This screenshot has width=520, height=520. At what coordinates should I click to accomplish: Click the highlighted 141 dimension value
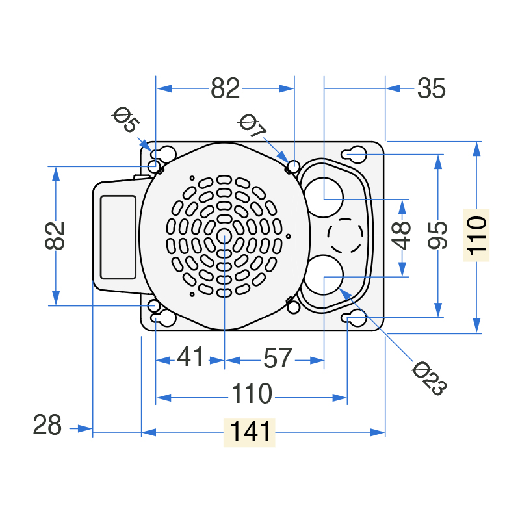pyautogui.click(x=250, y=432)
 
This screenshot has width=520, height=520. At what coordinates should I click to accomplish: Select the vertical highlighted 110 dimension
pyautogui.click(x=476, y=235)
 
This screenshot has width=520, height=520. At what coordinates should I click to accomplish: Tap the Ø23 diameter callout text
pyautogui.click(x=430, y=378)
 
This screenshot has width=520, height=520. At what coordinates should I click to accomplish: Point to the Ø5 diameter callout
pyautogui.click(x=125, y=120)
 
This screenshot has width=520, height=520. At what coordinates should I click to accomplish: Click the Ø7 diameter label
pyautogui.click(x=252, y=125)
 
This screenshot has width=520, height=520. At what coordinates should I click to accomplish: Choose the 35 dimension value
pyautogui.click(x=431, y=88)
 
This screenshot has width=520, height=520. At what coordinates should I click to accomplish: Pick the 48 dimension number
pyautogui.click(x=401, y=235)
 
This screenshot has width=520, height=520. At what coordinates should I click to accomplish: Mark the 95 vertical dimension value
pyautogui.click(x=437, y=235)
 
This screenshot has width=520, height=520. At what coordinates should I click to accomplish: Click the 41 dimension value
pyautogui.click(x=190, y=357)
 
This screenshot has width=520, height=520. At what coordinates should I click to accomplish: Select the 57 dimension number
pyautogui.click(x=278, y=358)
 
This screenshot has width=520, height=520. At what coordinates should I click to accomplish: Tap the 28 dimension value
pyautogui.click(x=47, y=425)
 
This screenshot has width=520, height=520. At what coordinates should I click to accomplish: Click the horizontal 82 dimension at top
pyautogui.click(x=225, y=88)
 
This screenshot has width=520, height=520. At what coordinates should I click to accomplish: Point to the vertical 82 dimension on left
pyautogui.click(x=55, y=236)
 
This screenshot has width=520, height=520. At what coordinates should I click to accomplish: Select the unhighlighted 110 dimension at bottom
pyautogui.click(x=252, y=394)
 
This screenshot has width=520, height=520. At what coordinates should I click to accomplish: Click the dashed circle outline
pyautogui.click(x=345, y=236)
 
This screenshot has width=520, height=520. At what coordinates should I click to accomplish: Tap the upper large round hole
pyautogui.click(x=323, y=198)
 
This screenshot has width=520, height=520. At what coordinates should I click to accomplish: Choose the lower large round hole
pyautogui.click(x=323, y=275)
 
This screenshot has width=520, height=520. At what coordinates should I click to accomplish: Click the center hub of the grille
pyautogui.click(x=224, y=236)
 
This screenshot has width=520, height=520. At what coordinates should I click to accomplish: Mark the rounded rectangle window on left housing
pyautogui.click(x=118, y=237)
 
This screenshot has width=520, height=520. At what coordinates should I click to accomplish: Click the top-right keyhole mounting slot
pyautogui.click(x=354, y=154)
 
